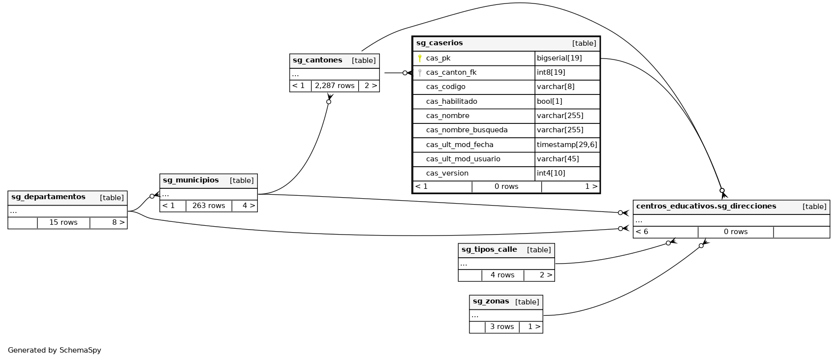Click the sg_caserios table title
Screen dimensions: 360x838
[439, 43]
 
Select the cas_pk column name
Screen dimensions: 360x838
[438, 58]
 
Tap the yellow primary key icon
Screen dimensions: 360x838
[420, 58]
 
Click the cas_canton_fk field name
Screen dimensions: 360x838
[451, 72]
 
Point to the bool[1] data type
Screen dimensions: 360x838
[549, 101]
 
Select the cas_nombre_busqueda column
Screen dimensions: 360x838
[466, 130]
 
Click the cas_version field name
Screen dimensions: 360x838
[447, 173]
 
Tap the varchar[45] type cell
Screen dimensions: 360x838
[558, 159]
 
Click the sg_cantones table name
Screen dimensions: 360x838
[317, 60]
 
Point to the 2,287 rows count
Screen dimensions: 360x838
[335, 86]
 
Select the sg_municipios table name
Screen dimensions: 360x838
[190, 180]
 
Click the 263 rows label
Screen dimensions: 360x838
[209, 206]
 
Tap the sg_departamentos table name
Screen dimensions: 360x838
[48, 197]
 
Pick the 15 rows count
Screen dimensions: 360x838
[63, 222]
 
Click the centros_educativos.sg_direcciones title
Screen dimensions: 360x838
[706, 207]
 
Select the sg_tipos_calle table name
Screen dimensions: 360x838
[489, 250]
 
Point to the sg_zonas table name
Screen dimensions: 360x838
[491, 301]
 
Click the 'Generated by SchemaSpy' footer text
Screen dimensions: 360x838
[55, 350]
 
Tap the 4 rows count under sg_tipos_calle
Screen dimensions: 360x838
[502, 275]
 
